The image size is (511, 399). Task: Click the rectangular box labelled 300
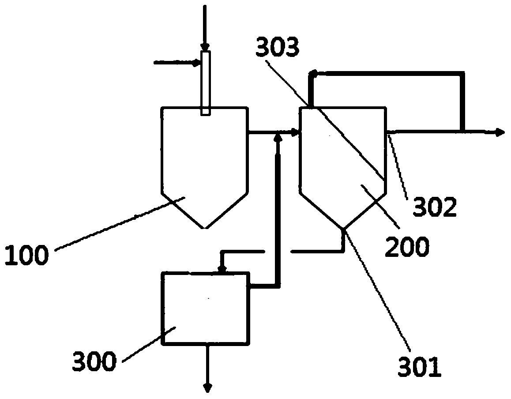(205, 308)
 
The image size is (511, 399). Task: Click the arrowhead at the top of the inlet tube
(205, 47)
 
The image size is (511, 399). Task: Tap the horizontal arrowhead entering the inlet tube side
(197, 63)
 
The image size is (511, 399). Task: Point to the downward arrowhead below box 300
(207, 387)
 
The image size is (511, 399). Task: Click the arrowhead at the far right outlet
(500, 132)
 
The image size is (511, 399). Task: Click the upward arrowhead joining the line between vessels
(278, 137)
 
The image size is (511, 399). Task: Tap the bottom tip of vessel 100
(205, 228)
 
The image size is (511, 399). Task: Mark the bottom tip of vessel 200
(343, 228)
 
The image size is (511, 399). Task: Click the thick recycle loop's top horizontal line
(388, 73)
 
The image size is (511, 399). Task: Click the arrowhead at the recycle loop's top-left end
(312, 73)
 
